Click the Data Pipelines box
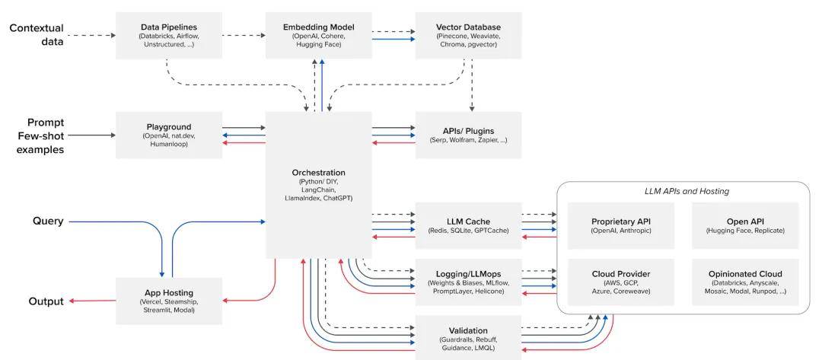pyautogui.click(x=169, y=35)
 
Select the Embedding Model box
pyautogui.click(x=318, y=35)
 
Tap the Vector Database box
pyautogui.click(x=468, y=35)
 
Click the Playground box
pyautogui.click(x=169, y=135)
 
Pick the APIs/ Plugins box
pyautogui.click(x=468, y=135)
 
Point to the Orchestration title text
pyautogui.click(x=319, y=173)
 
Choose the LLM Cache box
pyautogui.click(x=468, y=225)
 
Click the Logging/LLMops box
pyautogui.click(x=468, y=282)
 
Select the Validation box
pyautogui.click(x=468, y=338)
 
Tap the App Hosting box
pyautogui.click(x=169, y=301)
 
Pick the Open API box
pyautogui.click(x=745, y=225)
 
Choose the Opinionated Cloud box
pyautogui.click(x=745, y=282)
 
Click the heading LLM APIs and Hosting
pyautogui.click(x=687, y=191)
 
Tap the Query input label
pyautogui.click(x=48, y=221)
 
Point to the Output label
pyautogui.click(x=46, y=301)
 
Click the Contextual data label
pyautogui.click(x=37, y=34)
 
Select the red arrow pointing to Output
pyautogui.click(x=93, y=301)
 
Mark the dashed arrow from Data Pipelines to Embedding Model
pyautogui.click(x=244, y=35)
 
